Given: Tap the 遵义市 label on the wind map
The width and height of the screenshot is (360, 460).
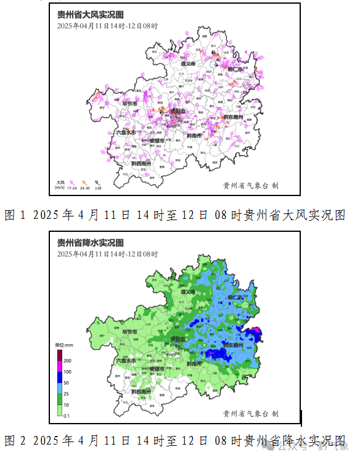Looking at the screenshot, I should click(x=188, y=64).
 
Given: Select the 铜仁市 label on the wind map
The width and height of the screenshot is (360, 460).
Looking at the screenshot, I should click(x=237, y=70).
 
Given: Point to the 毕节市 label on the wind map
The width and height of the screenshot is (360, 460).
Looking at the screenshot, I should click(x=129, y=104).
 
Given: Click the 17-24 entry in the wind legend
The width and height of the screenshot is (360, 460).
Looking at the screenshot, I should click(x=72, y=187).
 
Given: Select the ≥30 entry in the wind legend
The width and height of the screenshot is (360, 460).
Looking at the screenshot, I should click(x=98, y=187).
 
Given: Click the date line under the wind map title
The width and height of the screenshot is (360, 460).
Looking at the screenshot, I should click(x=107, y=26).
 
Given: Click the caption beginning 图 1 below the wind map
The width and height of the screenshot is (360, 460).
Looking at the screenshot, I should click(x=174, y=215).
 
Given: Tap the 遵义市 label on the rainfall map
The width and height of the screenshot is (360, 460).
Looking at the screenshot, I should click(x=188, y=292).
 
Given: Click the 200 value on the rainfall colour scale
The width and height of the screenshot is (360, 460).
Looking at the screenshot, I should click(x=67, y=360).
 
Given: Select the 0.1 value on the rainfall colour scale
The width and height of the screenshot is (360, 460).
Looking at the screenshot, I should click(x=67, y=416).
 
